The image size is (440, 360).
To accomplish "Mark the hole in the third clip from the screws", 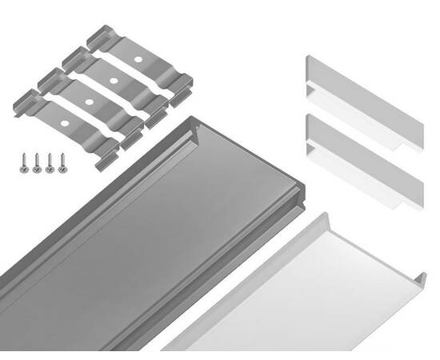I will coord(114,82).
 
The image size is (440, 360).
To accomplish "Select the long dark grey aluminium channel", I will coord(136,240).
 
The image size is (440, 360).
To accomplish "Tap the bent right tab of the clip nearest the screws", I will coord(109,157).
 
